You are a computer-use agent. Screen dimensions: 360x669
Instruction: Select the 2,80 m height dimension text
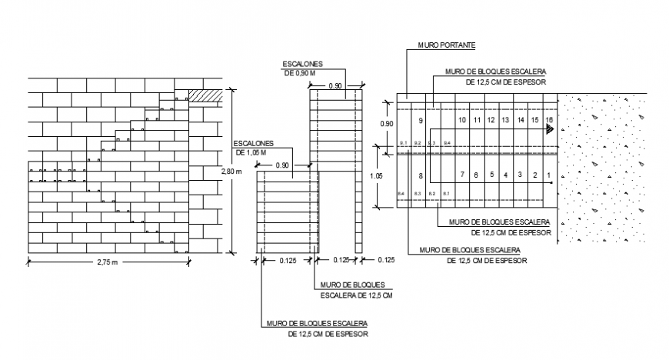231,172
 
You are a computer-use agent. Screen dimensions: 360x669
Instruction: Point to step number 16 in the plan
548,121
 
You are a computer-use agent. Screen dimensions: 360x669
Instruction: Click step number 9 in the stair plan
420,122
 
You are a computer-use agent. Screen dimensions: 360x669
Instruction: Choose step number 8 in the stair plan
420,176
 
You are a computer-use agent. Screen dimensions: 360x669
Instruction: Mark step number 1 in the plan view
548,176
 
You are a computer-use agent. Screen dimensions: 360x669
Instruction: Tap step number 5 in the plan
491,176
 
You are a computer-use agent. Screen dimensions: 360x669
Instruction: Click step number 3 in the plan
519,176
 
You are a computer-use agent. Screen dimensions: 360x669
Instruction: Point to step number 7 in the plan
462,176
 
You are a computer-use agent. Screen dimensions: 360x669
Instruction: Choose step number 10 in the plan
462,121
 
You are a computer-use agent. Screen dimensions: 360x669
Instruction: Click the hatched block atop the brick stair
205,96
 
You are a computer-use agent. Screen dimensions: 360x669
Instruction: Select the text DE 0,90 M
301,72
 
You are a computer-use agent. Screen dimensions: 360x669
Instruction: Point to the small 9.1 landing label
402,144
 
